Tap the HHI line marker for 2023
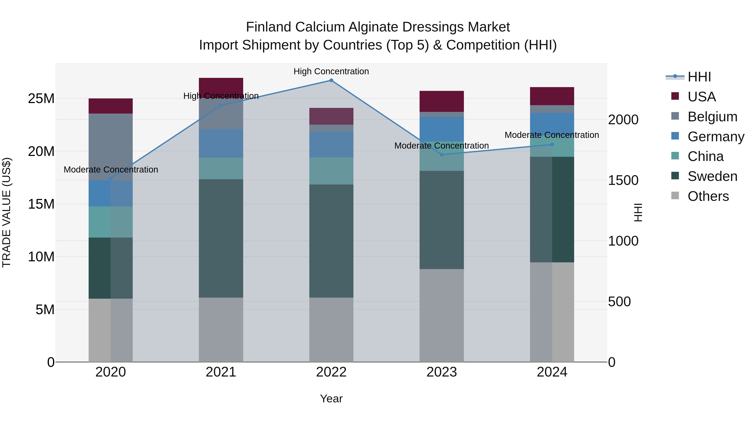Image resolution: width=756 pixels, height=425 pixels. (441, 154)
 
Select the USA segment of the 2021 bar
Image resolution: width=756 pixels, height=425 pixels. (221, 87)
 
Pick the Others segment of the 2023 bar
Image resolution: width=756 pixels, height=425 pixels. (441, 315)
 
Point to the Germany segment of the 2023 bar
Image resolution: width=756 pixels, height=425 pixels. (441, 129)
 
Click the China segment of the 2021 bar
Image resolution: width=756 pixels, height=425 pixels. (221, 168)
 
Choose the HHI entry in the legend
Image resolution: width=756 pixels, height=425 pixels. (699, 77)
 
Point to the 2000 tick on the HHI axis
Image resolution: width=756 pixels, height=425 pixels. (623, 120)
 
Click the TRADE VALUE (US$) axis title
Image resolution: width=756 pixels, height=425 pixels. (7, 212)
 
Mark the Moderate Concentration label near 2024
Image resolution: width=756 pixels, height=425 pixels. (552, 135)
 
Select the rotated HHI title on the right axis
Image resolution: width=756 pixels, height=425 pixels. (638, 212)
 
